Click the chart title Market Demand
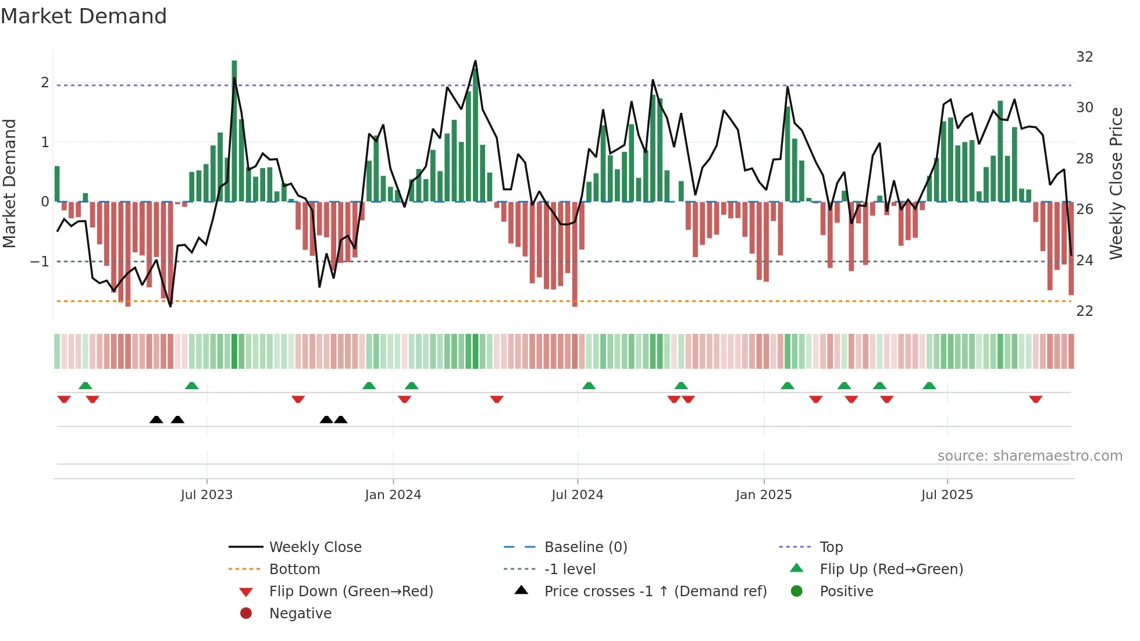point(84,16)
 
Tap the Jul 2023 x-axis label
point(206,495)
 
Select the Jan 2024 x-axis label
point(393,495)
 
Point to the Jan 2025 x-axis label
point(764,495)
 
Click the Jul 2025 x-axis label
point(947,495)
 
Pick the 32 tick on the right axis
point(1085,57)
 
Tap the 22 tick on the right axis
point(1085,311)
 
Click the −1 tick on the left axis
point(40,262)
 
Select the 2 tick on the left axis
point(45,83)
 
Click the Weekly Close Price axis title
point(1116,183)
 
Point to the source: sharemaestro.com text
point(1029,456)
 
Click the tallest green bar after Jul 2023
point(234,131)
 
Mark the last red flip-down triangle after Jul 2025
point(1035,399)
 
